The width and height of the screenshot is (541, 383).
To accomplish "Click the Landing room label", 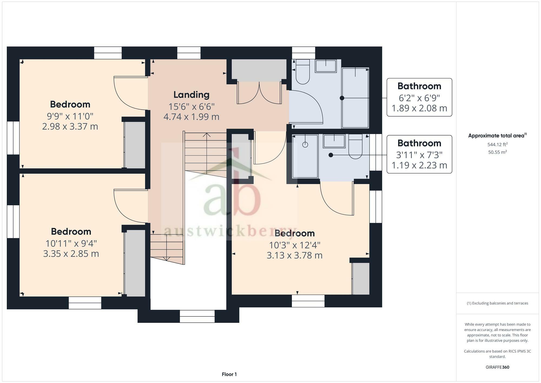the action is (192, 95).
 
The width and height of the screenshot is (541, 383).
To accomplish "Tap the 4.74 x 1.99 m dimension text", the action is (192, 117).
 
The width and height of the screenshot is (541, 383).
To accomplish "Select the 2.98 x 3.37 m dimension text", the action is (70, 126).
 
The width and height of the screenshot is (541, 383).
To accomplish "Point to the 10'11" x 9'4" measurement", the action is (71, 243).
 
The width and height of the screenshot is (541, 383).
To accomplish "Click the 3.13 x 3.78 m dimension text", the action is (295, 255).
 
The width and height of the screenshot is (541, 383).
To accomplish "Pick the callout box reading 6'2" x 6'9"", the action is (419, 97).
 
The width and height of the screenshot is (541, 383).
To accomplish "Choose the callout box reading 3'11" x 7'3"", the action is (419, 154).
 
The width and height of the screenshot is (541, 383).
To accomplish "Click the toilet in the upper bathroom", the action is (303, 72).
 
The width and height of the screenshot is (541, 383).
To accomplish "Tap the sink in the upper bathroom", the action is (326, 66).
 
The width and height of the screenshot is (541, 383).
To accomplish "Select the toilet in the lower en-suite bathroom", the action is (355, 146).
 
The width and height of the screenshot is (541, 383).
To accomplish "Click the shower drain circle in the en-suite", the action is (305, 145).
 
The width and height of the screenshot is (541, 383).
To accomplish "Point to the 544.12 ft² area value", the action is (497, 145).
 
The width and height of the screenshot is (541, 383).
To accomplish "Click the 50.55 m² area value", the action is (497, 152).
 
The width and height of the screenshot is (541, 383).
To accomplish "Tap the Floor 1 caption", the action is (229, 374).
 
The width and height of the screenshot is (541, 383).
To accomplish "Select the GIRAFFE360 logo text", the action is (497, 367).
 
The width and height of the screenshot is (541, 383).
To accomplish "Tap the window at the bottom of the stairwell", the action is (197, 316).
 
